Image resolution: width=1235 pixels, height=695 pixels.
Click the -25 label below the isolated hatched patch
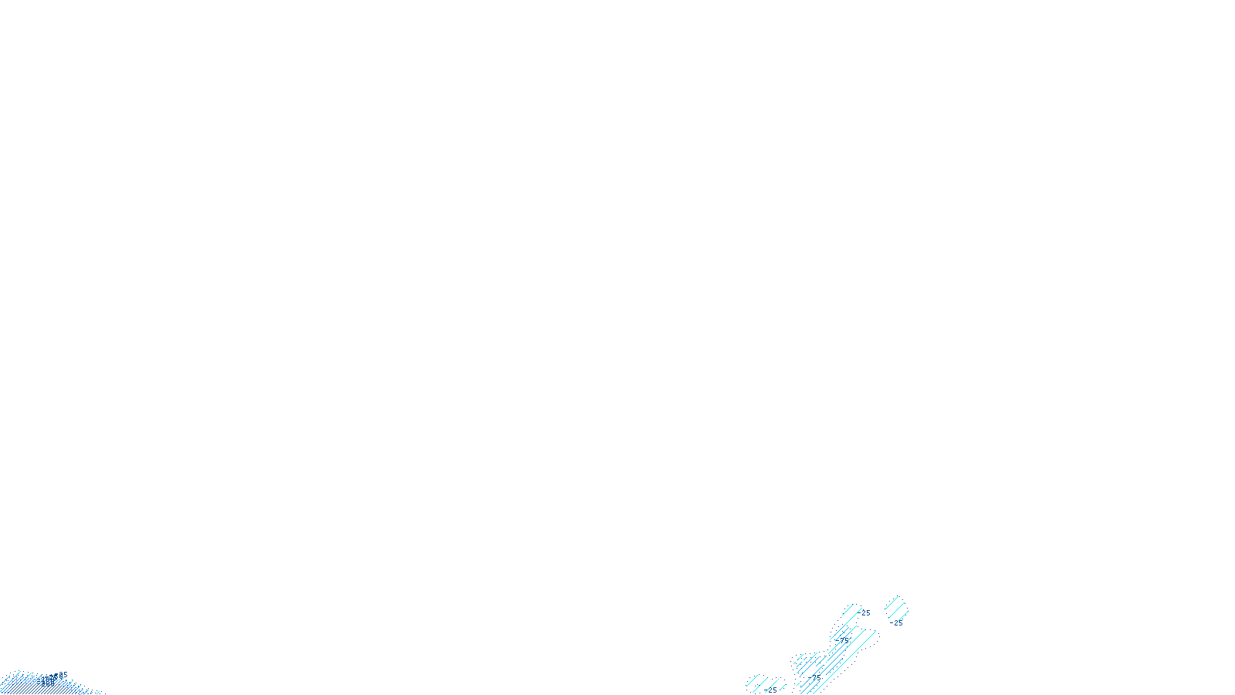point(896,622)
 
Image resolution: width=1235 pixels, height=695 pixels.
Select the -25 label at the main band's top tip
point(865,613)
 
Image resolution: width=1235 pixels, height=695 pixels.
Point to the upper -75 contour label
point(843,639)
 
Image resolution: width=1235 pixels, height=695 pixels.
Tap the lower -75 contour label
point(816,677)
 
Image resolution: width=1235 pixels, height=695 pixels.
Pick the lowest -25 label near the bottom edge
point(771,690)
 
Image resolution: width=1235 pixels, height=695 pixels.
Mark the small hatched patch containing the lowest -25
point(764,684)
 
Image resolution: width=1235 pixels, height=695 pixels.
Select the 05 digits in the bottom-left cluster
point(63,675)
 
